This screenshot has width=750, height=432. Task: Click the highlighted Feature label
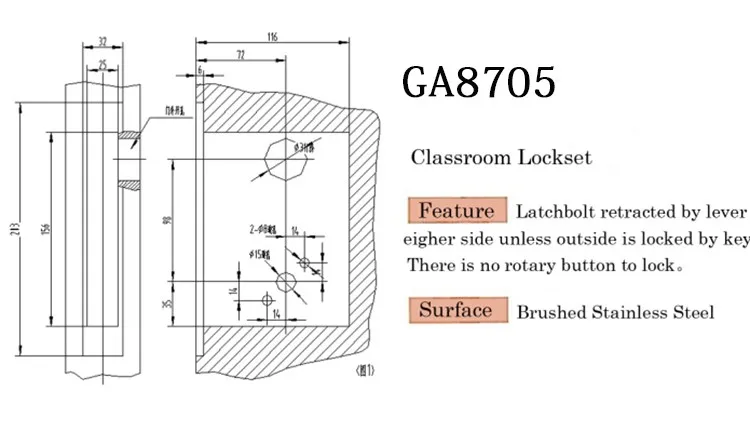[455, 211]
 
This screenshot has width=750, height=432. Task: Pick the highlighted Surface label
[455, 310]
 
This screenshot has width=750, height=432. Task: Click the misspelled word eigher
[430, 239]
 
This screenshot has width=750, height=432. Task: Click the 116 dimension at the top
[273, 37]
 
